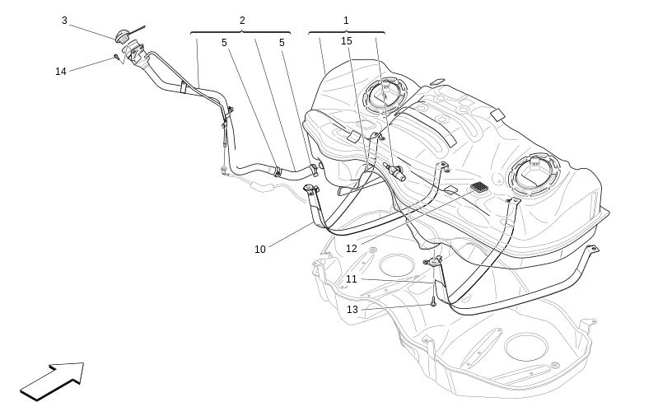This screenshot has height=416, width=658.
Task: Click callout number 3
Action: coord(64,21)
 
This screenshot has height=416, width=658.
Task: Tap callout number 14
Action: coord(61,72)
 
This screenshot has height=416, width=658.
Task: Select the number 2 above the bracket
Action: coord(242,21)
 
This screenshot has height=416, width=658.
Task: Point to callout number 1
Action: coord(346,21)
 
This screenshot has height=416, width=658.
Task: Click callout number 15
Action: coord(347,41)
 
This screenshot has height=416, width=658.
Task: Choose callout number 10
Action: coord(260,250)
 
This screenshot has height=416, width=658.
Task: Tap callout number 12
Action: coord(352,249)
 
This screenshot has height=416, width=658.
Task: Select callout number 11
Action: coord(352,279)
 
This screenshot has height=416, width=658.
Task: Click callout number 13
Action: coord(352,310)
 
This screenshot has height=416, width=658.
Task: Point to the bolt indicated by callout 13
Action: coord(432,303)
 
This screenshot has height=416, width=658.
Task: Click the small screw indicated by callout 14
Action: coord(117,57)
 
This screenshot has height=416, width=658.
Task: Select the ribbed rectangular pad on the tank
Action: coord(479,187)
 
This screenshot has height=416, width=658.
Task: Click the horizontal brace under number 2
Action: coord(240,33)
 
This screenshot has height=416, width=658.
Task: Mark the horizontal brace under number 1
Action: coord(346,33)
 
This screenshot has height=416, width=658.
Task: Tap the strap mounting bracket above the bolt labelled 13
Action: coord(434,263)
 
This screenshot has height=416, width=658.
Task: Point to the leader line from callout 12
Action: coord(412,218)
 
